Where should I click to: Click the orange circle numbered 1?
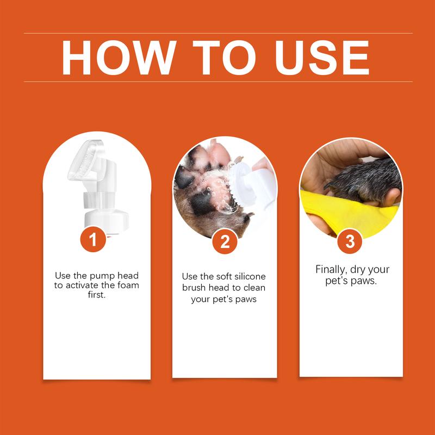pyautogui.click(x=93, y=240)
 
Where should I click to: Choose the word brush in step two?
pyautogui.click(x=194, y=288)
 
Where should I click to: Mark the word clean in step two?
pyautogui.click(x=253, y=288)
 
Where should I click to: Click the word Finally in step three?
pyautogui.click(x=332, y=270)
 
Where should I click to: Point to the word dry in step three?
pyautogui.click(x=366, y=270)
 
